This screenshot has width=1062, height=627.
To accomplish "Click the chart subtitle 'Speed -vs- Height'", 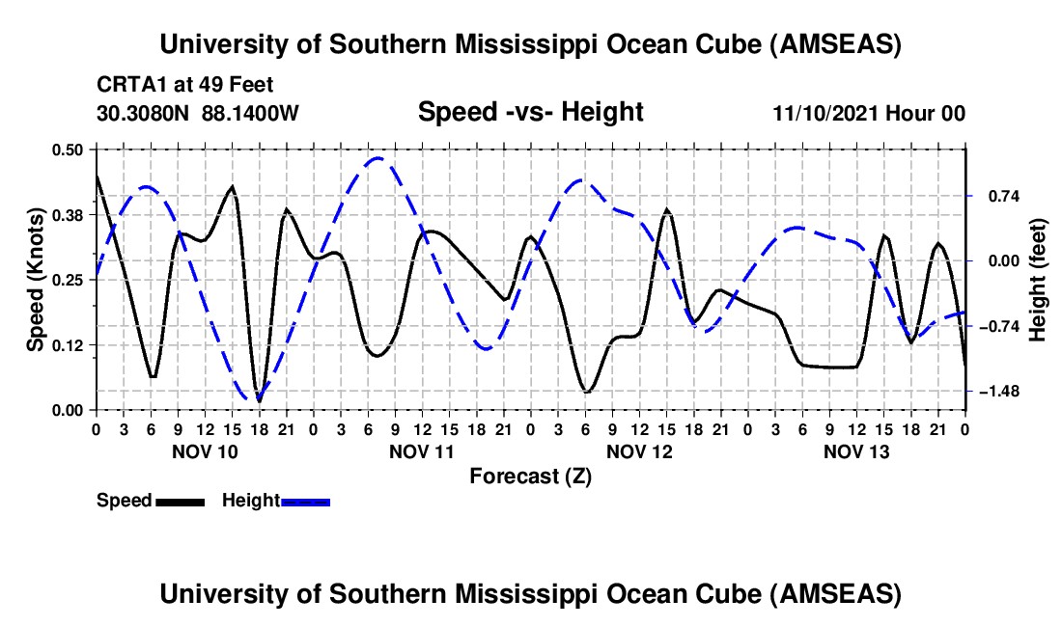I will coord(530,113).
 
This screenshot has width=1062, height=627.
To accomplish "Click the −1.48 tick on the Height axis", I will coord(997,391).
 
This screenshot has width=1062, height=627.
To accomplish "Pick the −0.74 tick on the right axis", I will coord(997,326).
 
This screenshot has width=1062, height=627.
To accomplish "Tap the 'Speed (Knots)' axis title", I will coord(35,280).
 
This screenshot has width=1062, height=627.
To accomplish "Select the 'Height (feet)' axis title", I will coord(1039,280).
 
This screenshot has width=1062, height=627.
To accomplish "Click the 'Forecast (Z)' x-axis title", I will coord(530,476).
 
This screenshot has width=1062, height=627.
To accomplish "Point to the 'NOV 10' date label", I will coord(205,451).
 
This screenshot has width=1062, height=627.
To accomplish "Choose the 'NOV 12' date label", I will coord(639,451).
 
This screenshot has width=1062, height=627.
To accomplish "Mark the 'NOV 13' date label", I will coord(856,451).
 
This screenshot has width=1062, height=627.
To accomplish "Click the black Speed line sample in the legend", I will coord(180,501).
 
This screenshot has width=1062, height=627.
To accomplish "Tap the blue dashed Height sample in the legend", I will coord(306,501).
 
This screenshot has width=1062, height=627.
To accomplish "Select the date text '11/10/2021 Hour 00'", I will coord(869,114).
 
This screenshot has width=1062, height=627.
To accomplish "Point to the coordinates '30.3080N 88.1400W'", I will coord(198,114).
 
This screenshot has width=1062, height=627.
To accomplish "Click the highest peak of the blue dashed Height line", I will coord(378,158).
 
